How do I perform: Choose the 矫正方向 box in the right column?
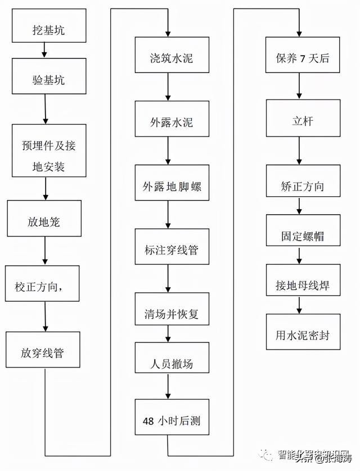click(x=303, y=186)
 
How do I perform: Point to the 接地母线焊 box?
click(x=303, y=286)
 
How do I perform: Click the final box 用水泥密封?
click(x=303, y=334)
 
